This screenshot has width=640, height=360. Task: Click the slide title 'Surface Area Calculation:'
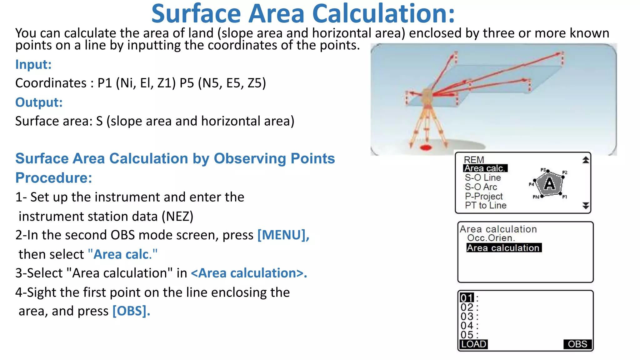[303, 14]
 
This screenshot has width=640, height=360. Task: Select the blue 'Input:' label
[33, 64]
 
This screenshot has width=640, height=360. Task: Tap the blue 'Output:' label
[39, 102]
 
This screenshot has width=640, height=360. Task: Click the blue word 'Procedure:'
[54, 178]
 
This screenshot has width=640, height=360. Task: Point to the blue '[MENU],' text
[283, 235]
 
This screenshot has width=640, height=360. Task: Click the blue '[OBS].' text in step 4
[131, 311]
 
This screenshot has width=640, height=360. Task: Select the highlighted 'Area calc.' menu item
[485, 168]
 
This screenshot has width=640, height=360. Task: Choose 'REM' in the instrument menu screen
[474, 160]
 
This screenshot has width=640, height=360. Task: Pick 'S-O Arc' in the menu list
[481, 187]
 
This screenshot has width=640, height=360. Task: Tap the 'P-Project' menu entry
[484, 196]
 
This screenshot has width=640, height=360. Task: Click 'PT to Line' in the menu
[486, 205]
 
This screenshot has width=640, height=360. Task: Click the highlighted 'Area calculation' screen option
[503, 248]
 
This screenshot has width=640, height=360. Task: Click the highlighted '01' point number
[467, 297]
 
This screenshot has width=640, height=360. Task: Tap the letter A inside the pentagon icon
[549, 184]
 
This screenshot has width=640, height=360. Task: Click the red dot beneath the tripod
[426, 147]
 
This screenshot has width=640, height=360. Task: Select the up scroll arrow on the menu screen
[586, 160]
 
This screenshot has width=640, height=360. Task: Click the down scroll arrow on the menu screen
[586, 206]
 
